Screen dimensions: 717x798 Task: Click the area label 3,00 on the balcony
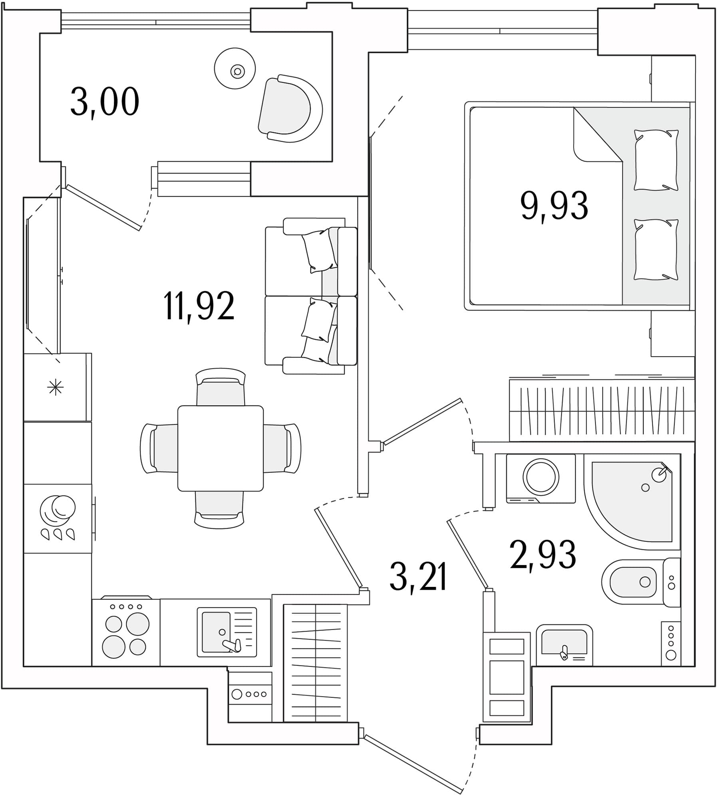point(105,102)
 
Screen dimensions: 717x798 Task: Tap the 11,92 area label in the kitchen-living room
point(199,306)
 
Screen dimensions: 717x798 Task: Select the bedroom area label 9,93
point(554,206)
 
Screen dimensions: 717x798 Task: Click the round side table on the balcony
point(235,69)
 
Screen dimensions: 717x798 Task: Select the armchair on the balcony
point(290,108)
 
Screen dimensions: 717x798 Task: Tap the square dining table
point(220,448)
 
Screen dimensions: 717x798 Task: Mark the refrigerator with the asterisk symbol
point(58,387)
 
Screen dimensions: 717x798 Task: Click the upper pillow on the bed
point(656,160)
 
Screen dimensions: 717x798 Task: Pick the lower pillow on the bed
point(656,249)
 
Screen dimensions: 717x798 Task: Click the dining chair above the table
point(220,387)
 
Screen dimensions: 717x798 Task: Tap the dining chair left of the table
point(159,448)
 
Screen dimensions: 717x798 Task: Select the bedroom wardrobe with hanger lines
point(602,410)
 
